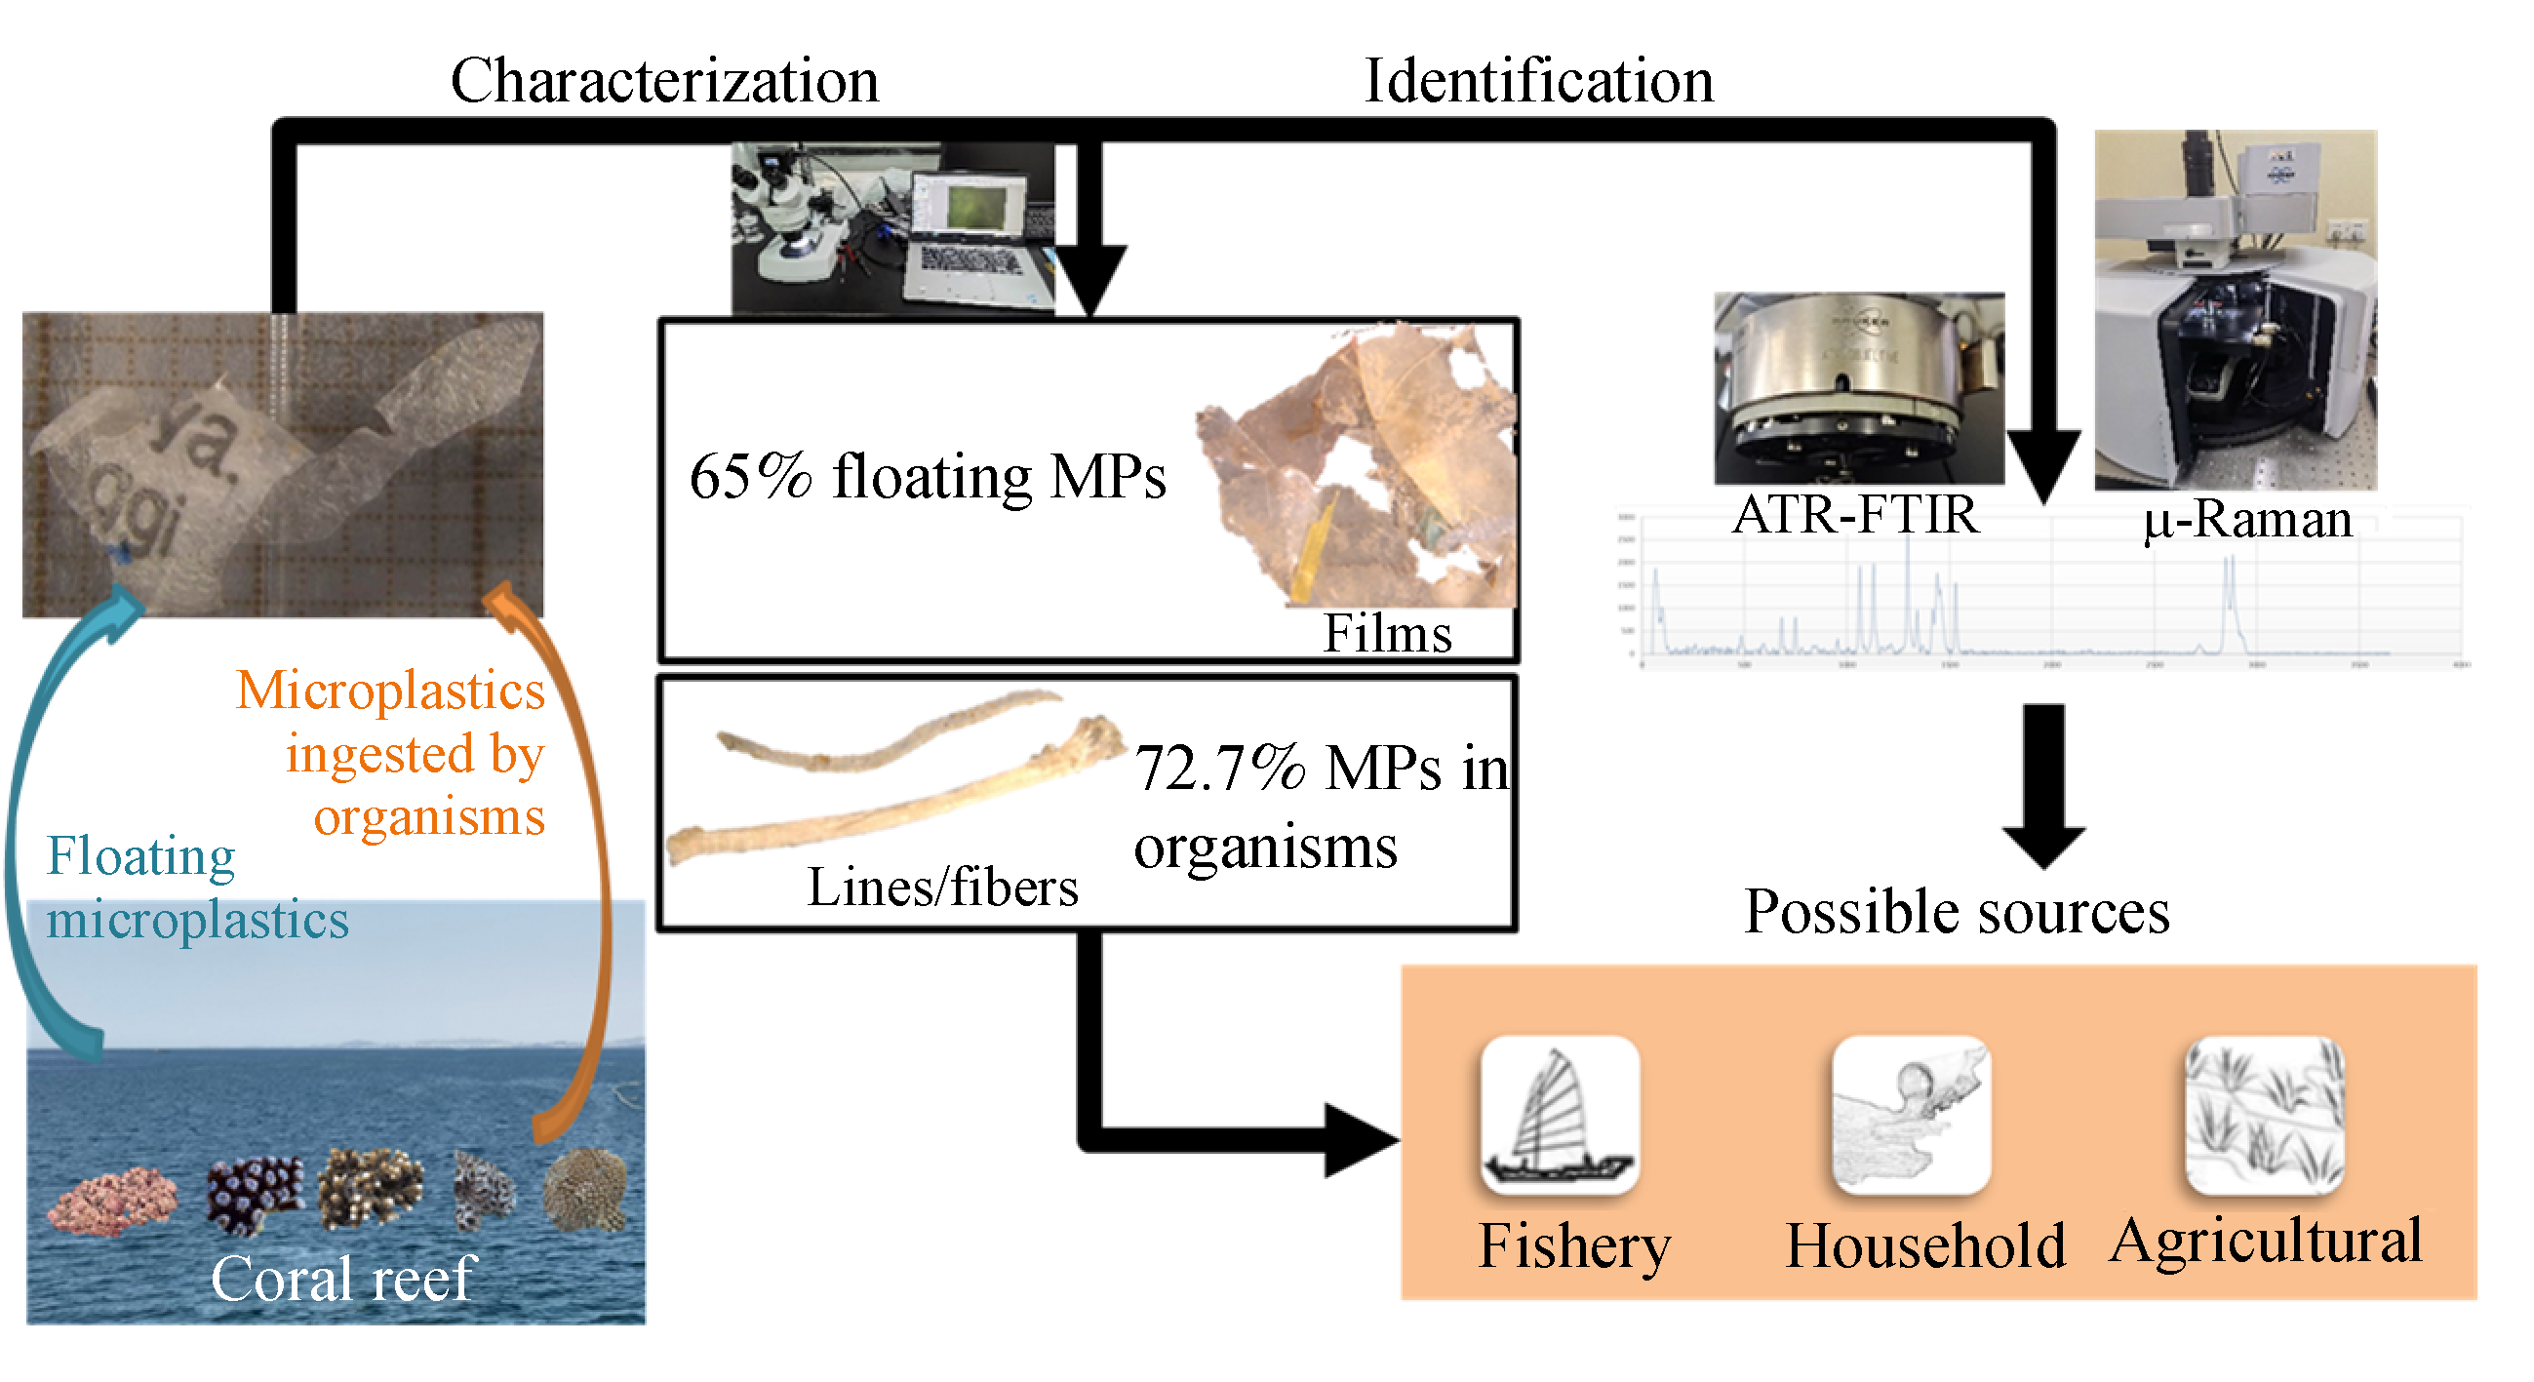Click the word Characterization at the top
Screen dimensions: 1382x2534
664,81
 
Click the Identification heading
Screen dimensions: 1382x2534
1538,81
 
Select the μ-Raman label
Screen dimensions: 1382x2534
2248,520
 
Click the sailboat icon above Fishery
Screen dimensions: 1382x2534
1561,1115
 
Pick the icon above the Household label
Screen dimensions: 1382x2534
1912,1115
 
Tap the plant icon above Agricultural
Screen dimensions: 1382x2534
2265,1115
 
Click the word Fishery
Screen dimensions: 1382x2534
1574,1246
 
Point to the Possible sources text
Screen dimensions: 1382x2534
1957,912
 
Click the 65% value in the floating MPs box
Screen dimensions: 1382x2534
750,478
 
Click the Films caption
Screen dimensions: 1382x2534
1387,634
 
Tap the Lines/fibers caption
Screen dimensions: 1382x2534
941,888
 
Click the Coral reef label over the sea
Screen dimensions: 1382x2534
343,1279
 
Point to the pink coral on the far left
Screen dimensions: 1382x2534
112,1200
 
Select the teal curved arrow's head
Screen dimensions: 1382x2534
123,604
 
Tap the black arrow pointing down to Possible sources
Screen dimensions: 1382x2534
2043,787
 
